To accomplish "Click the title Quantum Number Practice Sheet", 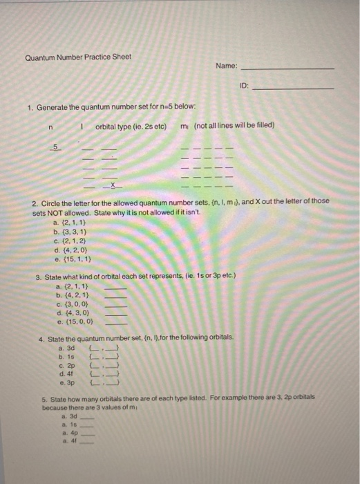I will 78,57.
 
